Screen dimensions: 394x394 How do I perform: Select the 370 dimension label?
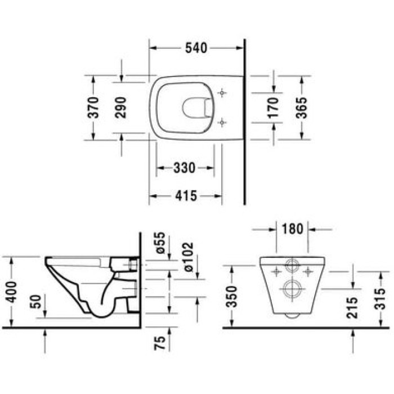94,107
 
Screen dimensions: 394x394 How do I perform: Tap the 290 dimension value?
120,107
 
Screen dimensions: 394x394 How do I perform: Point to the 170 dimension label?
273,107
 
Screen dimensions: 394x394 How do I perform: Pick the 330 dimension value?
184,168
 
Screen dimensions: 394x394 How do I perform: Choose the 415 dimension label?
186,196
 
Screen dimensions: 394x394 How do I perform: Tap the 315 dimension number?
381,298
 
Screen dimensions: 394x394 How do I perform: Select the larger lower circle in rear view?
292,289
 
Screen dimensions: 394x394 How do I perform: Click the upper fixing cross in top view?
222,92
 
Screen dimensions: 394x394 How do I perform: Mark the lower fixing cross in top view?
222,121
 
